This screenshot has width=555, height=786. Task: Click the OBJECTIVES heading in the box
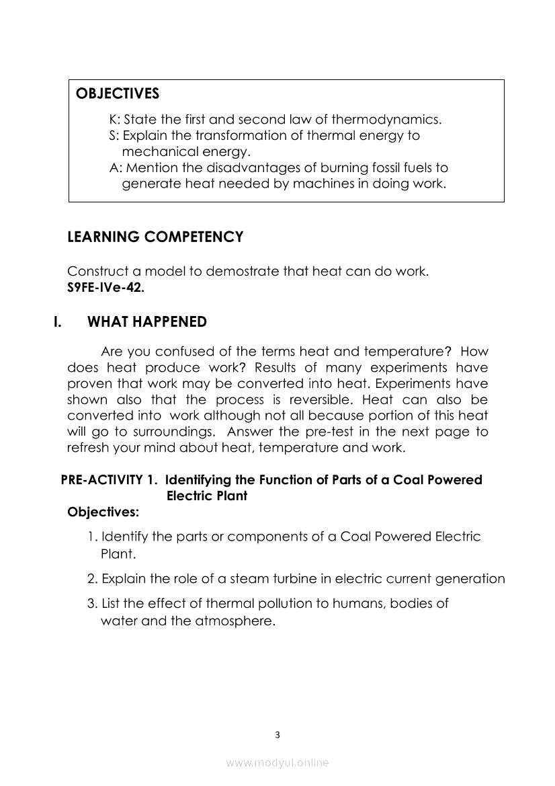[118, 93]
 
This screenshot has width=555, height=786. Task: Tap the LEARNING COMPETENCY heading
[155, 237]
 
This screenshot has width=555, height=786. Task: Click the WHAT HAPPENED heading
[147, 322]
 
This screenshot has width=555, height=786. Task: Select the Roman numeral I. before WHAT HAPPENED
[58, 322]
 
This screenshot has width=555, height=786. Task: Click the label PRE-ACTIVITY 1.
[110, 480]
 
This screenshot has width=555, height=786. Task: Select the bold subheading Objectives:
[103, 512]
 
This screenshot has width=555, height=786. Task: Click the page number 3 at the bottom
[277, 734]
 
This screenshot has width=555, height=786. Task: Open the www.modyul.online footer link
[277, 762]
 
